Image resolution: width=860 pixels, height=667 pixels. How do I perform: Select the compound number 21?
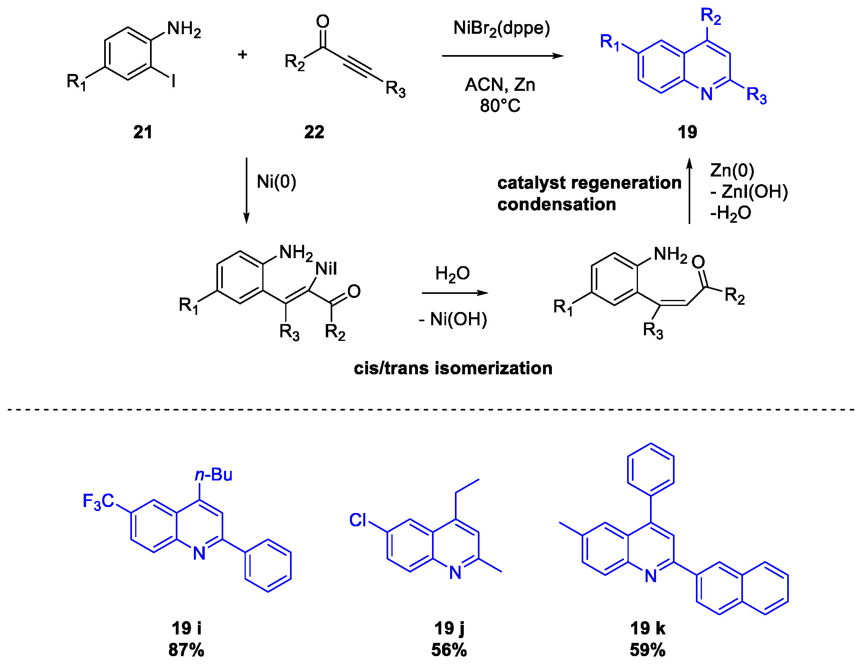[143, 132]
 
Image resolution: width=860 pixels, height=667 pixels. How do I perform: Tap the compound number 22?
[314, 132]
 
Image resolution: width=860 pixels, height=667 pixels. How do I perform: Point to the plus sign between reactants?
[242, 54]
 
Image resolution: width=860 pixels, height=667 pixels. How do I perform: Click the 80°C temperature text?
[500, 106]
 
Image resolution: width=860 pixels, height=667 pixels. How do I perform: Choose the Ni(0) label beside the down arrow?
[276, 182]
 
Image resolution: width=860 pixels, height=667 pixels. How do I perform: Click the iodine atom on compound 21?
[173, 82]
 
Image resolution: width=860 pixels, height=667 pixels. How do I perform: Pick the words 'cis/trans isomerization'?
[453, 368]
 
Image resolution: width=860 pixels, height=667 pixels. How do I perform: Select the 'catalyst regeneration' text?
[589, 183]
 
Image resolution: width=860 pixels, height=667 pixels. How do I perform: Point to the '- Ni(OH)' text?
[453, 320]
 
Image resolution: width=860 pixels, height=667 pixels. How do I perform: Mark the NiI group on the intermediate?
[326, 269]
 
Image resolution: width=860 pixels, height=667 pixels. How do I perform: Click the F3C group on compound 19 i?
[98, 502]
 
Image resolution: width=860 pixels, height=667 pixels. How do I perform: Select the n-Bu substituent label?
[214, 475]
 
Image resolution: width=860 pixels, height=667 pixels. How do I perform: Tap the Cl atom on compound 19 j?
[358, 520]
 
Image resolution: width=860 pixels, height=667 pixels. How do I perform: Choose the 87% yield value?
[186, 650]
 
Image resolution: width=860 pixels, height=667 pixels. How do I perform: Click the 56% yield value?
[449, 650]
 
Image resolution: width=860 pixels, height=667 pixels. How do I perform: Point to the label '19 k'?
[648, 628]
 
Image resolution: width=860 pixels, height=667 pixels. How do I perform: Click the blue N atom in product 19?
[706, 94]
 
